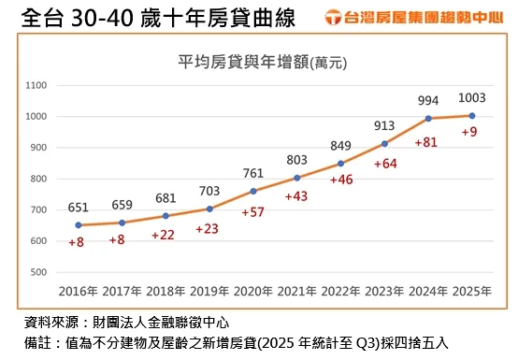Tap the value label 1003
(x=471, y=99)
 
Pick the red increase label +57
(x=253, y=213)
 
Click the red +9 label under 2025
(x=471, y=132)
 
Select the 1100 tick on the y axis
(x=36, y=85)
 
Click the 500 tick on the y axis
(x=38, y=272)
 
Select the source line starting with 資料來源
(x=121, y=322)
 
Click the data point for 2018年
(x=165, y=216)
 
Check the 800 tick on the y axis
(x=38, y=179)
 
